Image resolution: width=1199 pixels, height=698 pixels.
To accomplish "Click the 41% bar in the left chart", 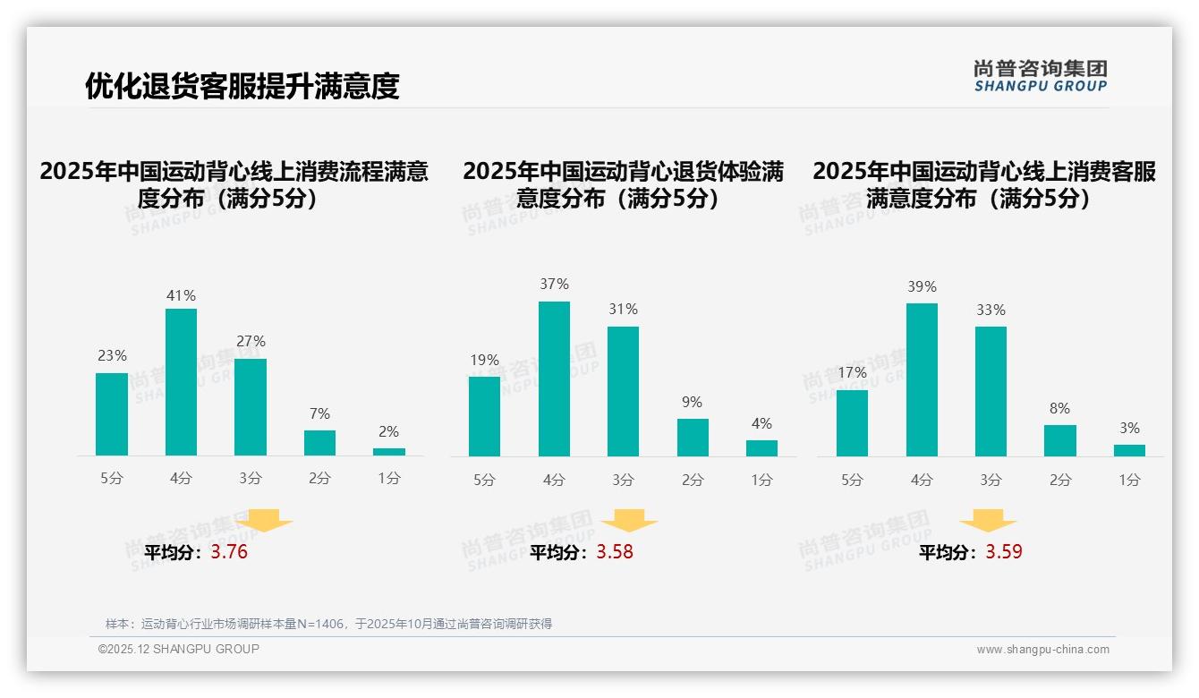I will pos(182,382).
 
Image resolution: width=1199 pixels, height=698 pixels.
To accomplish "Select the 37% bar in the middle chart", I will pos(554,379).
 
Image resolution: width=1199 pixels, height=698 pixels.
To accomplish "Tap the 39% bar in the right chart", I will pos(922,379).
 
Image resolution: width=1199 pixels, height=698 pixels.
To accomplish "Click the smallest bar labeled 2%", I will pos(389,452).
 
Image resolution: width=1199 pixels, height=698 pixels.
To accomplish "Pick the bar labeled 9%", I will pos(693,438).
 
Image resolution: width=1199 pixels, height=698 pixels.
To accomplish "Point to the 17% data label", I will pos(852,372).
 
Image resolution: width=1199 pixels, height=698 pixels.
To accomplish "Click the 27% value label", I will pos(251,341).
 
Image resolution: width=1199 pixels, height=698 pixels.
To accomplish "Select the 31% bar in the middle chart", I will pos(623,391).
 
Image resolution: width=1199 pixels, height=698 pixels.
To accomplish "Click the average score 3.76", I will pos(229,552).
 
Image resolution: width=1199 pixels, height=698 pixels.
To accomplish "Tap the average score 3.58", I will pos(615,552).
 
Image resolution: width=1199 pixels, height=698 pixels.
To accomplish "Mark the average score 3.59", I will pos(1004,552).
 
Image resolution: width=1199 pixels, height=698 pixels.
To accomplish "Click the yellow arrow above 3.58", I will pos(629,521).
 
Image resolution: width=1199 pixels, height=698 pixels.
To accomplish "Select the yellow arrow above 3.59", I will pos(988,521).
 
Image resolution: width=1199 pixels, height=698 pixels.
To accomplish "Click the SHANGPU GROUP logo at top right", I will pos(1041,76).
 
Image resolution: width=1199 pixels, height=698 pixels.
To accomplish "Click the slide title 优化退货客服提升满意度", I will pos(242,86).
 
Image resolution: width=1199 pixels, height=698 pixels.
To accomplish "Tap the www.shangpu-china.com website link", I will pos(1042,650).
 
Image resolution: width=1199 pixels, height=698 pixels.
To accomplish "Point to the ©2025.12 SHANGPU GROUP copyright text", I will pos(179,649).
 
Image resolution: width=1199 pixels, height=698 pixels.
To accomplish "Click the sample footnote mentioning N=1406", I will pos(328,624).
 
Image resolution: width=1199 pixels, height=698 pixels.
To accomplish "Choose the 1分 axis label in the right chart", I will pos(1129,481).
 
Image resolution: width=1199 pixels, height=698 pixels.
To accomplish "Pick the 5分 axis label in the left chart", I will pos(112,479).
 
